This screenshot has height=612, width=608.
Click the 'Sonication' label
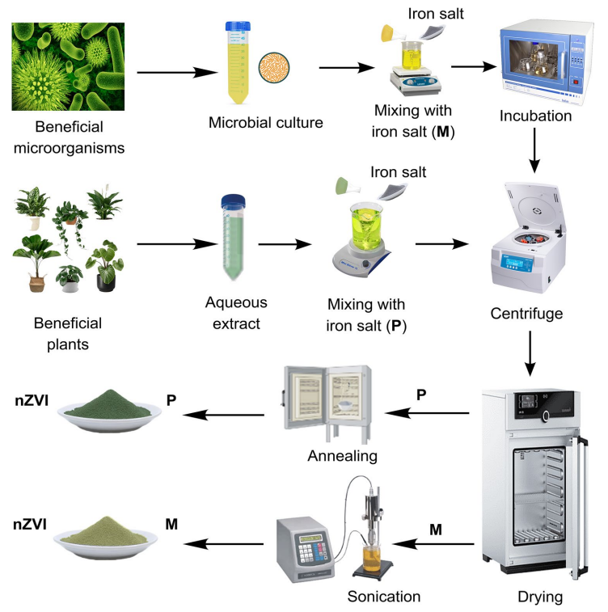click(x=383, y=597)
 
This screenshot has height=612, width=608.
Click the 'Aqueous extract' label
click(x=235, y=312)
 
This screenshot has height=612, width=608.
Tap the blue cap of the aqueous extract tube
click(x=234, y=200)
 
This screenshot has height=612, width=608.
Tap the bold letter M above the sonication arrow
click(x=436, y=530)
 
